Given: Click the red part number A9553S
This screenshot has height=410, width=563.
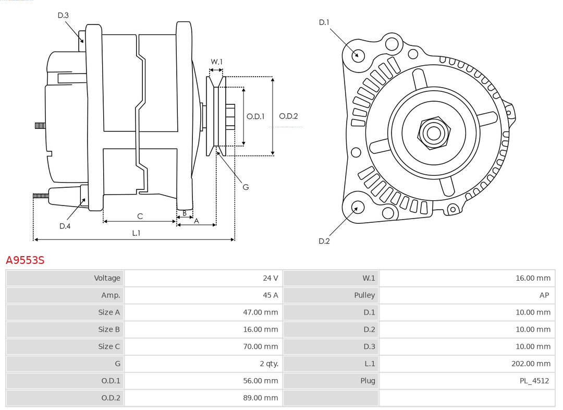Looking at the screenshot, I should coord(25,260).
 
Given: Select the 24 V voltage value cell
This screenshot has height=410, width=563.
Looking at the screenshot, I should coord(270,278).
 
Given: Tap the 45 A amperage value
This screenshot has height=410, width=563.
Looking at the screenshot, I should coord(270,295).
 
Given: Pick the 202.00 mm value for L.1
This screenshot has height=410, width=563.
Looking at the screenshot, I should coord(531,364).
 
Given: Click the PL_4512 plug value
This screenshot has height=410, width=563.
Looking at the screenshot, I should coord(534,381).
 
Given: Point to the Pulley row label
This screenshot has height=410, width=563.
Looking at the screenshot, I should coord(364,295).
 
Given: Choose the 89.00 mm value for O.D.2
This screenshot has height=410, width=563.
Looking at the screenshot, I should coord(260,398).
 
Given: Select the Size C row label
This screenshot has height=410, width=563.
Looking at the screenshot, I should coord(109,346).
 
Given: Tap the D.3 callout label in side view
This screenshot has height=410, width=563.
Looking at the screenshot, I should coord(63,16).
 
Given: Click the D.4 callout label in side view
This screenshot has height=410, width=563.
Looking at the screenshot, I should coord(65,226).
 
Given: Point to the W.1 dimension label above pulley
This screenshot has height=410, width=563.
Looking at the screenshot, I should coord(216,62).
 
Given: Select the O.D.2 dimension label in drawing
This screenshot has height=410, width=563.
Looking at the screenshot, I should coord(288,116).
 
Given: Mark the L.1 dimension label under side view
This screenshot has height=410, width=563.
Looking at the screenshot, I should coord(136,233).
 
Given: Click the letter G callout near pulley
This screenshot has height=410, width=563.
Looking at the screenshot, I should coord(246,187).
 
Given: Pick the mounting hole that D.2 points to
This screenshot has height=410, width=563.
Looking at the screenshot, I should coord(357,208).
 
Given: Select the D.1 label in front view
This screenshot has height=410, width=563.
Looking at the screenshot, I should coord(324,22).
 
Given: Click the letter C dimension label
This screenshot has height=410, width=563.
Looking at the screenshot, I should coord(140,216).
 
